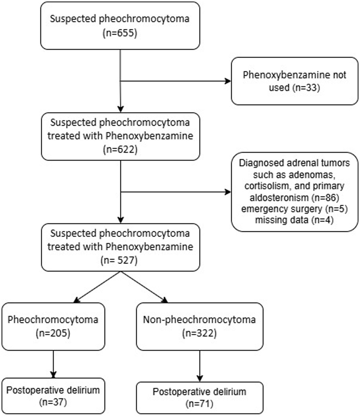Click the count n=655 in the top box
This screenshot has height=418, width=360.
120,33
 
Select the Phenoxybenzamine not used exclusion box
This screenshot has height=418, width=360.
294,81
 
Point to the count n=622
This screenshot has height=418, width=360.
120,149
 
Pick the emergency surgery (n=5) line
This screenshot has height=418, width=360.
294,209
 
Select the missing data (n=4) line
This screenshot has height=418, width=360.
294,220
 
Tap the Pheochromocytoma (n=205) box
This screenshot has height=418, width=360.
53,326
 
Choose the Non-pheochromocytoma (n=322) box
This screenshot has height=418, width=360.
199,326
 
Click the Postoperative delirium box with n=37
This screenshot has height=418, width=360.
53,396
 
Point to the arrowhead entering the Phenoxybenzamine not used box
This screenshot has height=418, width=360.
228,81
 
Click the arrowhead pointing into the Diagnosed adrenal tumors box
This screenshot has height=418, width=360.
228,192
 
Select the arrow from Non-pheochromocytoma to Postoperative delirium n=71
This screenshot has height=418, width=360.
199,365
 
